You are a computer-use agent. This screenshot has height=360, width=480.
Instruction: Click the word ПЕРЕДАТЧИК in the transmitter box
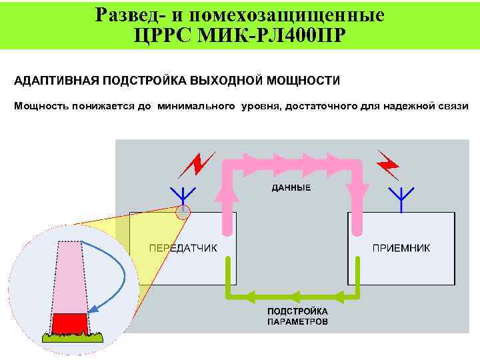[x=183, y=247]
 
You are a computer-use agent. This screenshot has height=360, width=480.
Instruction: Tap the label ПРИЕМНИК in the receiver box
[x=401, y=247]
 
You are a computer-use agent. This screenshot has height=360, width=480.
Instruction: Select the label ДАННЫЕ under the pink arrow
[x=291, y=189]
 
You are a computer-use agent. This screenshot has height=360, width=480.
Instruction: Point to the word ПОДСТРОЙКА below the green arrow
[x=297, y=311]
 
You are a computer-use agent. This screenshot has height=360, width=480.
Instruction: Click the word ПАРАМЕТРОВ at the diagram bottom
[x=297, y=321]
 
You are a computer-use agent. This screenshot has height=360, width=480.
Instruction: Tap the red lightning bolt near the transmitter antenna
[x=201, y=163]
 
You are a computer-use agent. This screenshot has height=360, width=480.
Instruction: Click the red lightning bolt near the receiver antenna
[x=388, y=162]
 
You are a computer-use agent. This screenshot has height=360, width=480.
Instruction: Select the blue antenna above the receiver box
[x=401, y=197]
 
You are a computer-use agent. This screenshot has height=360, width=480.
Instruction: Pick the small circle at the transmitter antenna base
[x=182, y=213]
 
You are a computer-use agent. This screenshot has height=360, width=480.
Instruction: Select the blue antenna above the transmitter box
[x=182, y=195]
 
